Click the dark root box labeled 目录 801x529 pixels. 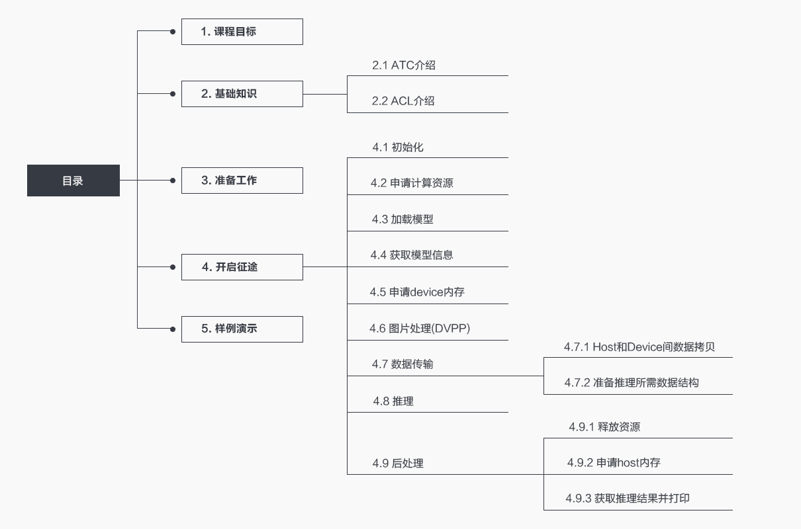(x=73, y=181)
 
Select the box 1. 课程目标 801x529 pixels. (x=242, y=32)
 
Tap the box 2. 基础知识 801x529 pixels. (x=242, y=94)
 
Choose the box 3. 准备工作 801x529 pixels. (x=242, y=181)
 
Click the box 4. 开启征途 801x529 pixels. (x=242, y=267)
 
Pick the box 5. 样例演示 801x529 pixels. (x=242, y=329)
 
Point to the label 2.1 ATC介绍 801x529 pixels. (x=403, y=65)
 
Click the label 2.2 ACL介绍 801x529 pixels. (x=403, y=101)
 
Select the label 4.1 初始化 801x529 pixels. (x=397, y=147)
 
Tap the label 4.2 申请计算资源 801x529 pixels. (x=412, y=183)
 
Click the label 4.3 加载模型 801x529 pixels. (x=402, y=220)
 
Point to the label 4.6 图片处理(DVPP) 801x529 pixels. (x=420, y=328)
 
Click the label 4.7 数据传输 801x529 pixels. (x=402, y=364)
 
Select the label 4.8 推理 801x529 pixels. (x=393, y=401)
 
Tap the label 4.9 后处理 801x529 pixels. (x=398, y=464)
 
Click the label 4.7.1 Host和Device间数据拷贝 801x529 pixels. (x=639, y=347)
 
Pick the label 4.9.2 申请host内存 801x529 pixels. (x=614, y=463)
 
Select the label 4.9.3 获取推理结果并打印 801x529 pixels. (x=628, y=499)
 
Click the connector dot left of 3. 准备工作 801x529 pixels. (x=173, y=180)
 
